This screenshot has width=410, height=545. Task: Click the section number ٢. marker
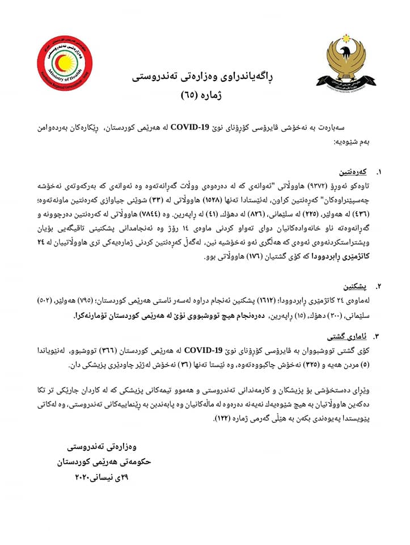pos(379,286)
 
